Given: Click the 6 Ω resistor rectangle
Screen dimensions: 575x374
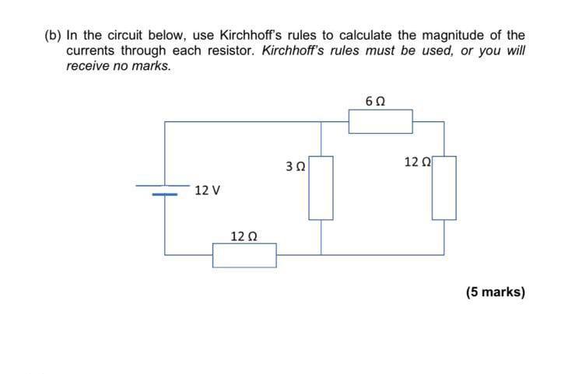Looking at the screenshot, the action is (380, 121).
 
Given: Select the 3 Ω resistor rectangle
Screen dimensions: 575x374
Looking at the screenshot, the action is (322, 188).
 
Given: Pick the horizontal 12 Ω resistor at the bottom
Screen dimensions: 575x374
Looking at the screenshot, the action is (244, 254).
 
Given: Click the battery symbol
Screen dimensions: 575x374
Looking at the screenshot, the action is (164, 190).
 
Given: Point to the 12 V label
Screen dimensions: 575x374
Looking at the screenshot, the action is (208, 190).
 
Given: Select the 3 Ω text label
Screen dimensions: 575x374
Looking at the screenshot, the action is (296, 166).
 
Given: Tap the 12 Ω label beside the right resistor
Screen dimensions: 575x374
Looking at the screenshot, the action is (418, 162).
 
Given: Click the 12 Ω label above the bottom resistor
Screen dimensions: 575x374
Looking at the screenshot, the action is (244, 235).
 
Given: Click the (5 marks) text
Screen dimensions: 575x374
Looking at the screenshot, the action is (496, 292).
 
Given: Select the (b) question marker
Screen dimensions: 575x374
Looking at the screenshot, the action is (53, 35).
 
